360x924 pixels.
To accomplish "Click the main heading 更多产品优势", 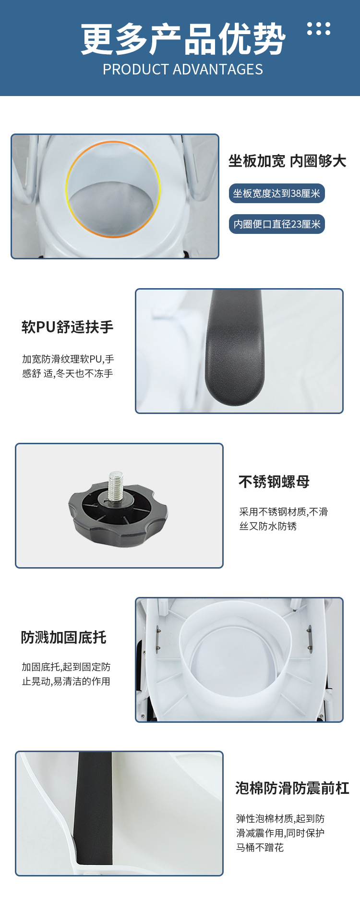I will [x=183, y=39].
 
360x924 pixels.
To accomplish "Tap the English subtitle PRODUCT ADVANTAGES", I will [x=183, y=70].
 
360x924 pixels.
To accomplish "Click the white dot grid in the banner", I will [x=319, y=29].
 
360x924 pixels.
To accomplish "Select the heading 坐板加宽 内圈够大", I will [x=287, y=161].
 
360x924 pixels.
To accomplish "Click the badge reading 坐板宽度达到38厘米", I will [x=276, y=194].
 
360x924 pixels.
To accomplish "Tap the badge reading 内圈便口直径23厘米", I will [x=276, y=224].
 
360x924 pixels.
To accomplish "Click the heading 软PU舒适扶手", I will [x=68, y=327].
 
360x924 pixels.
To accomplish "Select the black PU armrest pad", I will [x=235, y=351].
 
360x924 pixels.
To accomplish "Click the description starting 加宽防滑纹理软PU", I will [x=68, y=366].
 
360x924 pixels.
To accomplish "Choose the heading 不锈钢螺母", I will [x=274, y=482].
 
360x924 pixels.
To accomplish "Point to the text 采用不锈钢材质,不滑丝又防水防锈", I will [x=283, y=519].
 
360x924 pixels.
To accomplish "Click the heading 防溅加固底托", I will [x=63, y=637].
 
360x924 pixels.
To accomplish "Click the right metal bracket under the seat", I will [x=309, y=637].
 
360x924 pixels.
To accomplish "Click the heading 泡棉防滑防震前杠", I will [x=292, y=789].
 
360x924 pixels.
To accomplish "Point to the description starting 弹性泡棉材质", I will [x=280, y=833].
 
